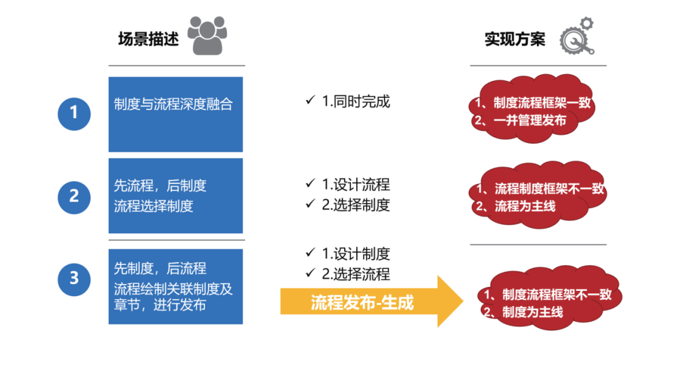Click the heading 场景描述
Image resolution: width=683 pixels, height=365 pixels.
149,39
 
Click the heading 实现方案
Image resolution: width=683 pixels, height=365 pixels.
515,39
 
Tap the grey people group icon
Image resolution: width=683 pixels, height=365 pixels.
207,35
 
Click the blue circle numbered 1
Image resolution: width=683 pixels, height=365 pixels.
74,114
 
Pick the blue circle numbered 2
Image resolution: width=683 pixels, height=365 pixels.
74,197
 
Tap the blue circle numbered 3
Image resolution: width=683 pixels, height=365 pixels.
74,279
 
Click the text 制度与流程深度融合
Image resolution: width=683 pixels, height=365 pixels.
173,104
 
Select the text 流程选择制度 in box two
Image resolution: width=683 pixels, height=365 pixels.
153,206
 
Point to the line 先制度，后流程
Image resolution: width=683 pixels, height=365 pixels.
160,268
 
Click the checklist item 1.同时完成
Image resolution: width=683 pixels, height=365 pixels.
356,101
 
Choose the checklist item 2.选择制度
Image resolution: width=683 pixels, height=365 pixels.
356,205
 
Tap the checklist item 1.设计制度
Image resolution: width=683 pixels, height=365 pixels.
356,254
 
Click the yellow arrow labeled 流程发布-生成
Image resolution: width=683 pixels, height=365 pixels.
371,301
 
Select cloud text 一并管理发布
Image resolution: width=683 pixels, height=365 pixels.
530,120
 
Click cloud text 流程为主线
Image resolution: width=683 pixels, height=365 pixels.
525,206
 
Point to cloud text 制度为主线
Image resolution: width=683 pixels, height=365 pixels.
532,312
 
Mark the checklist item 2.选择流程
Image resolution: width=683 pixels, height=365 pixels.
356,274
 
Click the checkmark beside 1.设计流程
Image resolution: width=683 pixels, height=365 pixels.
310,183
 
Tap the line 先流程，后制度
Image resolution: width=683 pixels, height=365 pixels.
160,186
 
